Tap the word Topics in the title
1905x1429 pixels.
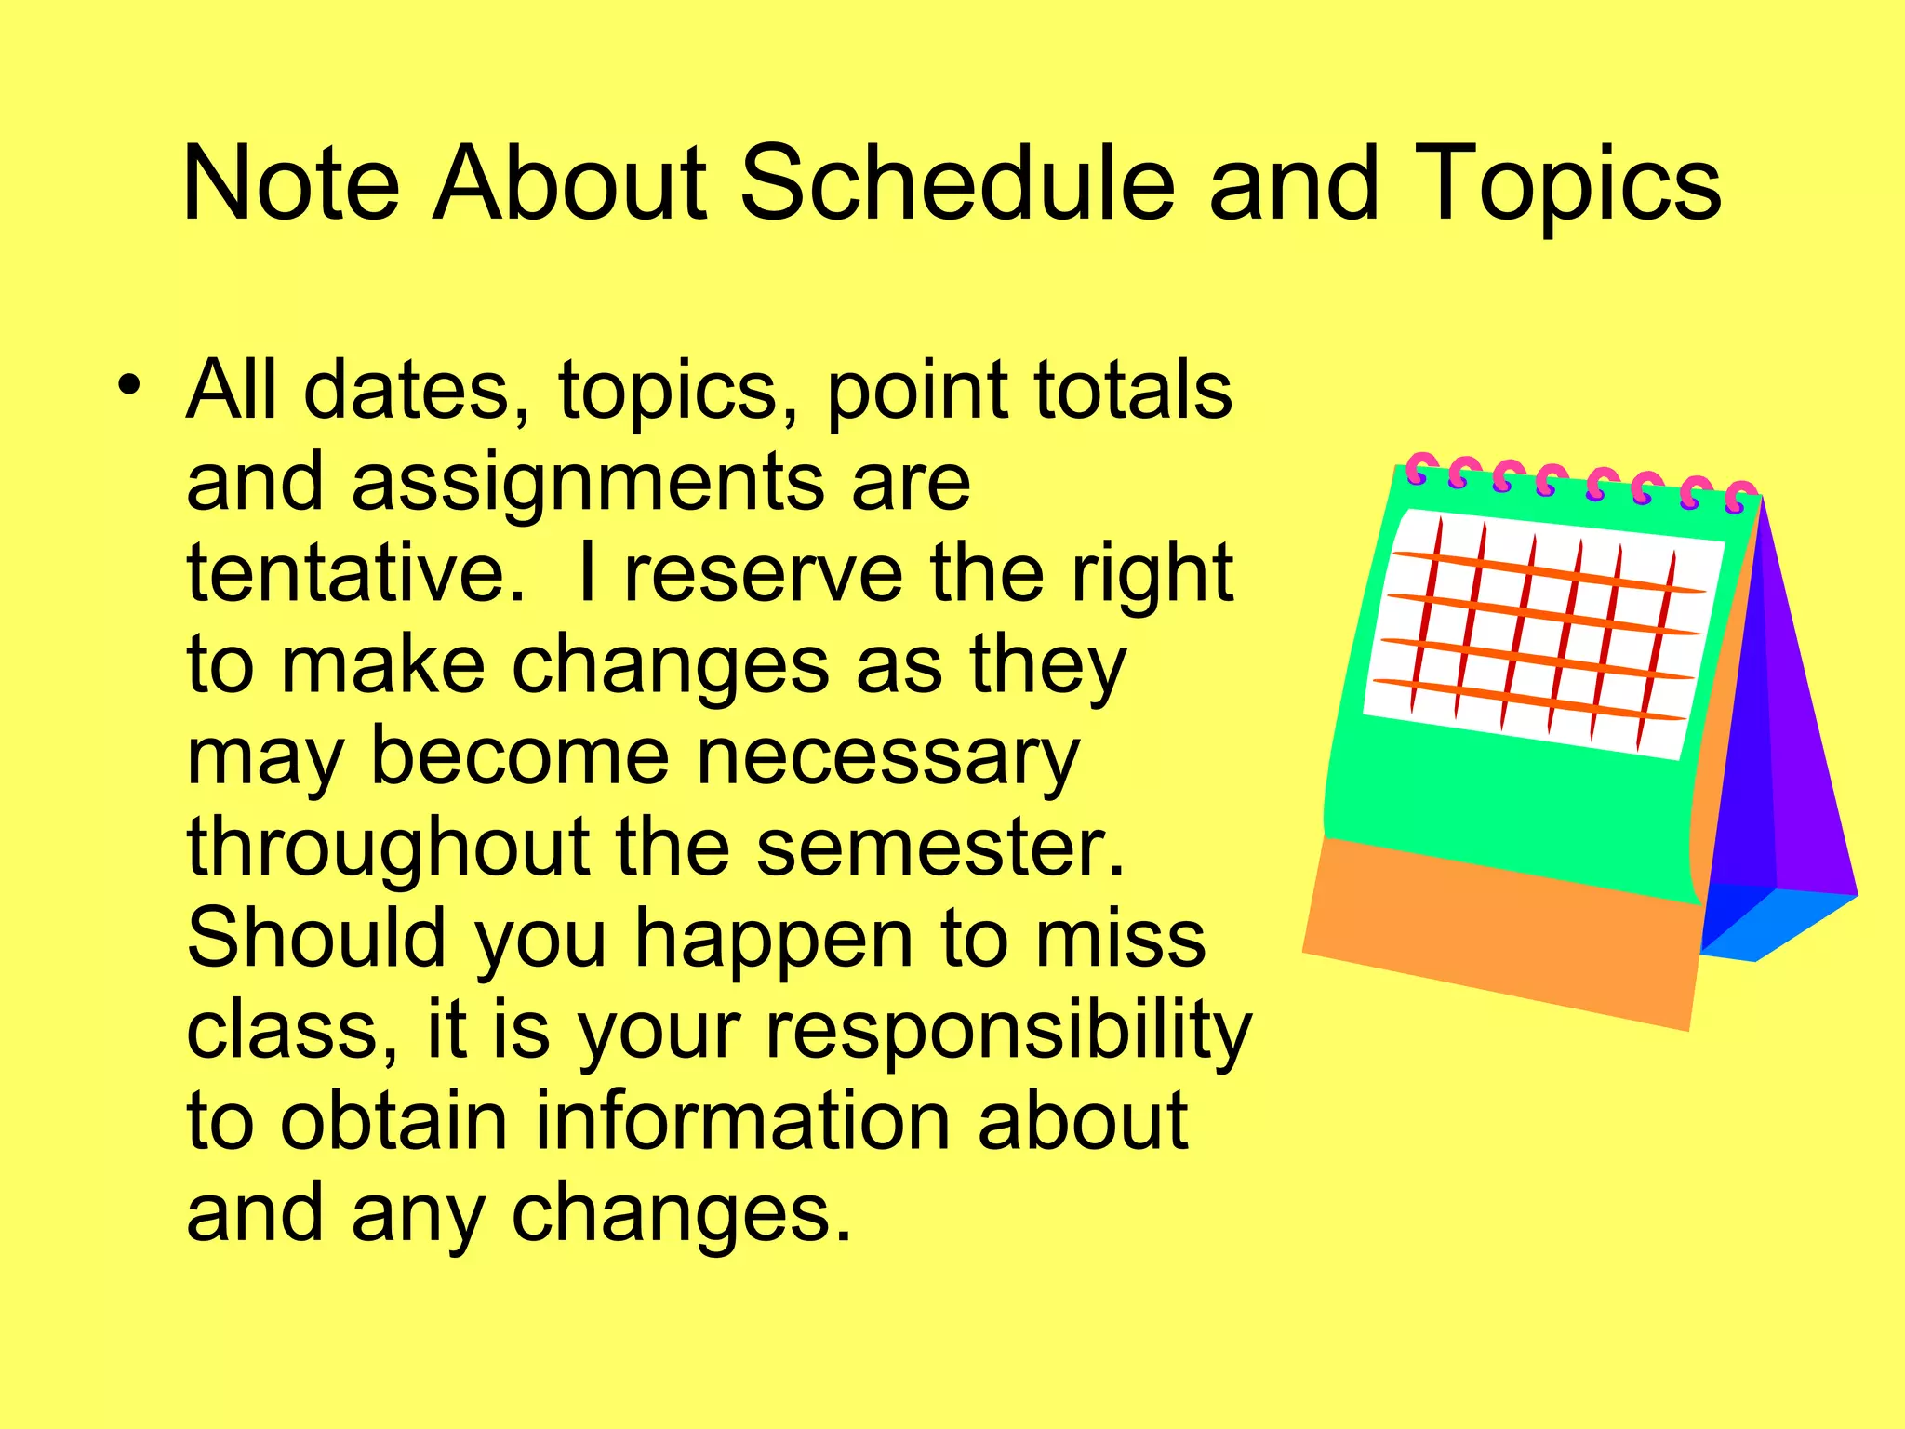tap(1570, 186)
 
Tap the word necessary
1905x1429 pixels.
tap(887, 757)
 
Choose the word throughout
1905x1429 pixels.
tap(389, 848)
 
